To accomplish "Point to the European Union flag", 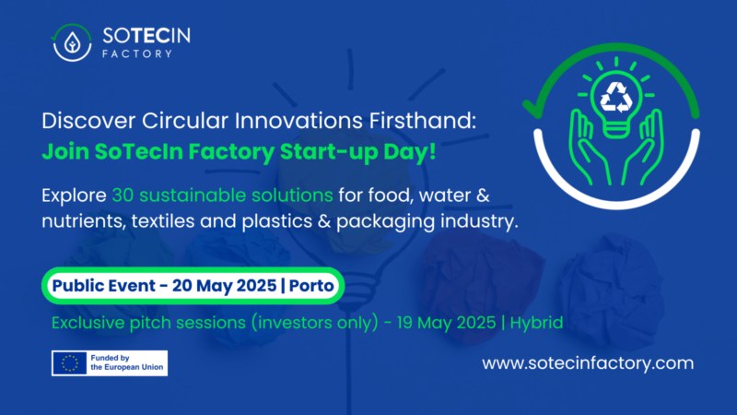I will [x=69, y=363].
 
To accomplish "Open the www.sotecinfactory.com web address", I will [x=588, y=363].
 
